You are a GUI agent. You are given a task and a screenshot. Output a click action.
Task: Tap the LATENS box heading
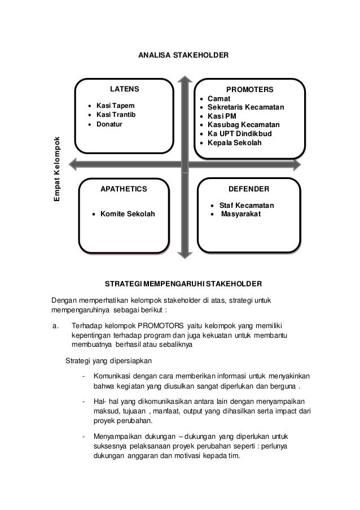coord(124,89)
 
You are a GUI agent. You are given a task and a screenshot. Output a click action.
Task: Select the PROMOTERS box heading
coord(249,90)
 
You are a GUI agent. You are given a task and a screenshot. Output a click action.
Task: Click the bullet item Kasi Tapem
coord(115,106)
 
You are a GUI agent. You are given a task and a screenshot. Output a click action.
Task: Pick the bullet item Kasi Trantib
coord(116,115)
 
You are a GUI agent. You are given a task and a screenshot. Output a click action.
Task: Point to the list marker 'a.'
coord(55,326)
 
